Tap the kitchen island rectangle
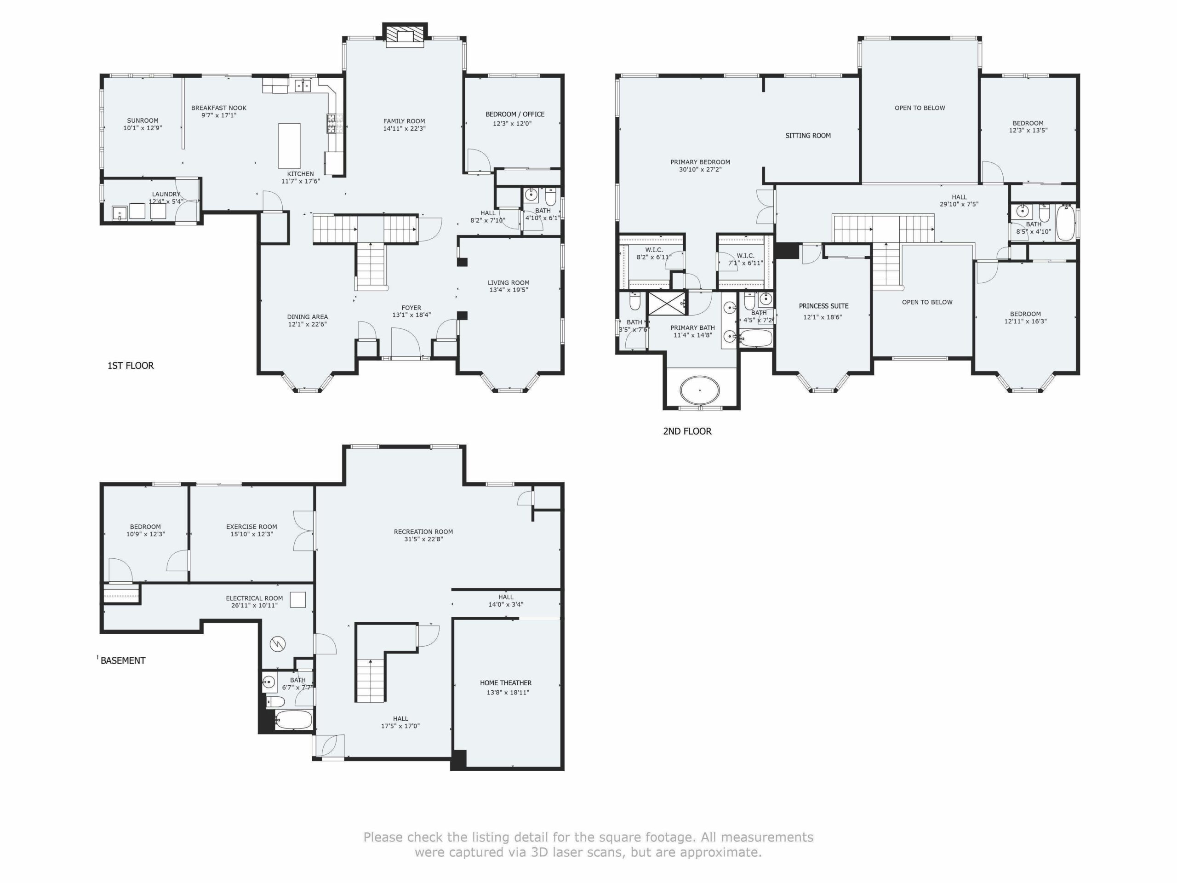point(290,145)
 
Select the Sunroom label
point(143,121)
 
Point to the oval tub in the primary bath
point(700,390)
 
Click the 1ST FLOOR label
point(131,366)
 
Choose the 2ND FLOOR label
point(687,431)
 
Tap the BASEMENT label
point(123,660)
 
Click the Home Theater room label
point(505,683)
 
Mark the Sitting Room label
point(808,136)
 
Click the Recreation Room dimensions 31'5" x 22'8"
point(423,539)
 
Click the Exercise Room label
point(251,527)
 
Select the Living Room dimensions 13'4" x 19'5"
point(509,290)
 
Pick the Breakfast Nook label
point(219,108)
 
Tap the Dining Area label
point(308,317)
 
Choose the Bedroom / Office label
point(514,115)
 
